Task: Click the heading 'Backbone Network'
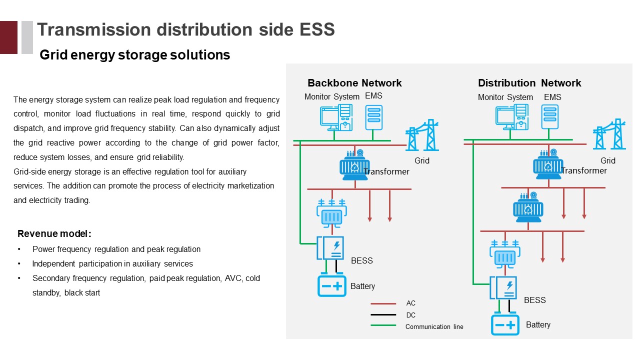(x=354, y=83)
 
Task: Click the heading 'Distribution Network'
(x=529, y=83)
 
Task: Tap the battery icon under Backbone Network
(x=332, y=286)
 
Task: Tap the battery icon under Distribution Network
(x=505, y=325)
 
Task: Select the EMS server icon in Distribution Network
(x=549, y=117)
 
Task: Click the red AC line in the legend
(x=383, y=303)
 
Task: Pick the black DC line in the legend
(x=383, y=315)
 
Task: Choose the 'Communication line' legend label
(x=434, y=327)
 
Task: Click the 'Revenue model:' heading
(x=54, y=234)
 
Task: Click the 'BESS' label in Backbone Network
(x=362, y=260)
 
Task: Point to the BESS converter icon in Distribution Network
(x=503, y=288)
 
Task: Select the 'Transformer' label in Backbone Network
(x=386, y=172)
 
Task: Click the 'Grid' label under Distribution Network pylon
(x=608, y=160)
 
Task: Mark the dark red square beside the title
(x=8, y=37)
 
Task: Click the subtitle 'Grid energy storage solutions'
(x=134, y=55)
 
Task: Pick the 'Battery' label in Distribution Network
(x=538, y=325)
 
